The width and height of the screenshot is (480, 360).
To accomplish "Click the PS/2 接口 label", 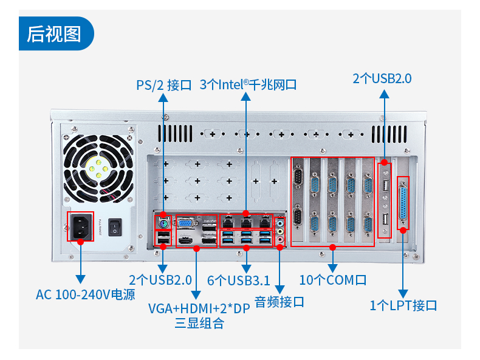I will coord(163,84).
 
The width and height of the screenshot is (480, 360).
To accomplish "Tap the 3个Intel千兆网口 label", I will coord(248,84).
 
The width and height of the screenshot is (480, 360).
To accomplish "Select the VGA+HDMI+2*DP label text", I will coord(199,308).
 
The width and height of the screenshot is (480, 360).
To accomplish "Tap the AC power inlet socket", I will coord(80,226).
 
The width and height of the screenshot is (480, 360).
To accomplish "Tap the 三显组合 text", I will coord(199,323).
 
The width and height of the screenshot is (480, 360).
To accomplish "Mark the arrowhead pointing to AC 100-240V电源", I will coord(80,279).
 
